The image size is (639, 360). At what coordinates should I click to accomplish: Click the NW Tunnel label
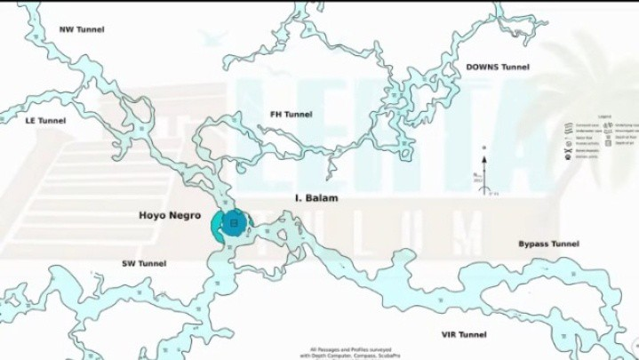click(81, 29)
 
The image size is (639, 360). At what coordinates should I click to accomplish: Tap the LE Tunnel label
click(45, 120)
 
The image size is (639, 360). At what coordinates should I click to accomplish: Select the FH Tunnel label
click(291, 115)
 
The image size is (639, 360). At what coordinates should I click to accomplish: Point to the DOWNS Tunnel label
click(497, 67)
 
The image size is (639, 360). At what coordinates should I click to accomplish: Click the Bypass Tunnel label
click(548, 244)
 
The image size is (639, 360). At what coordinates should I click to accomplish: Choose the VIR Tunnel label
click(464, 334)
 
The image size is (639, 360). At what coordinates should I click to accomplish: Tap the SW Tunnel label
click(144, 263)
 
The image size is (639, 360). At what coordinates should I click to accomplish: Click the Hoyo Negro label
click(170, 215)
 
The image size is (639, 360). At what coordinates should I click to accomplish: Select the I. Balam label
click(316, 198)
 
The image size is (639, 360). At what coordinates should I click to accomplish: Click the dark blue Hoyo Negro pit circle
click(234, 224)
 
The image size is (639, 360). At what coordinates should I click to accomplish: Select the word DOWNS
click(482, 67)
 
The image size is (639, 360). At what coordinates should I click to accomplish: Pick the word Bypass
click(536, 244)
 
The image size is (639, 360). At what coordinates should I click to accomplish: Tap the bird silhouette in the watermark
click(212, 37)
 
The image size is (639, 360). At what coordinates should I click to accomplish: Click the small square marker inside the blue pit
click(234, 224)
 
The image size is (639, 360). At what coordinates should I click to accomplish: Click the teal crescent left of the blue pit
click(216, 227)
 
